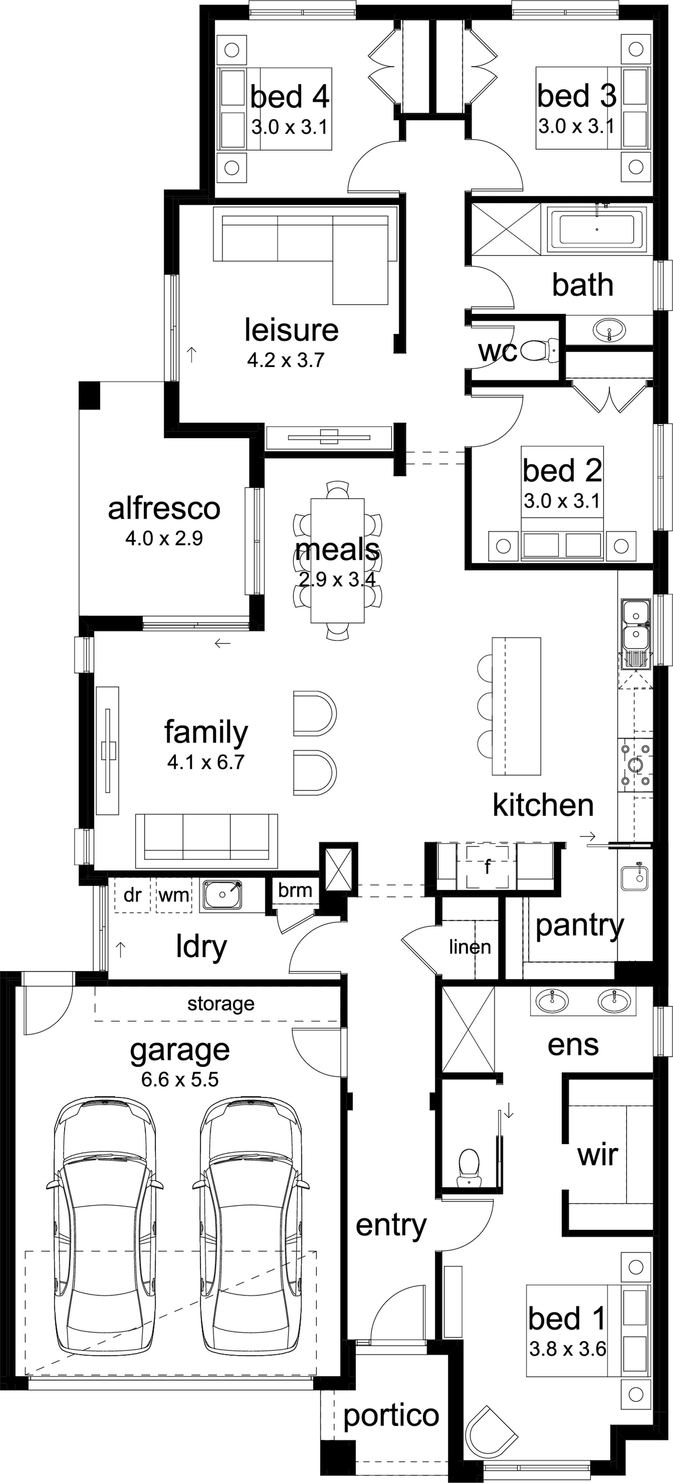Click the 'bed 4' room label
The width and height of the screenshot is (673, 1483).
coord(290,97)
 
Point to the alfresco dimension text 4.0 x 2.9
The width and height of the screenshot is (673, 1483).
coord(164,538)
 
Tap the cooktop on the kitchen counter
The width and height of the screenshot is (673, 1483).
coord(635,765)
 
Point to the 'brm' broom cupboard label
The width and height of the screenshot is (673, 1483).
coord(295,890)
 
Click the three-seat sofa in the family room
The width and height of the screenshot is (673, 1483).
coord(207,841)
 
